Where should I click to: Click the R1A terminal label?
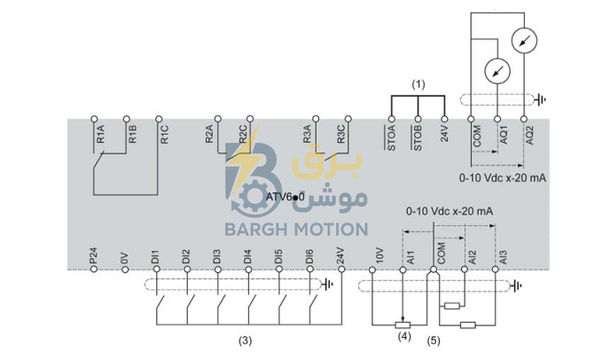tap(100, 134)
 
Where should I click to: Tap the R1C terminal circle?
tap(159, 119)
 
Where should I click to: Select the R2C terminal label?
tap(242, 134)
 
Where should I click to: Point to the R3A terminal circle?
tap(316, 119)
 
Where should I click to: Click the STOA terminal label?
tap(391, 137)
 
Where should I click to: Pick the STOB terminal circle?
tap(418, 119)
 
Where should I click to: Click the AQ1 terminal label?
tap(504, 135)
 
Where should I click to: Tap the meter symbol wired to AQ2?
tap(524, 40)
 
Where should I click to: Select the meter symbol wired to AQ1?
tap(497, 71)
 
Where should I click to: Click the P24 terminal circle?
tap(94, 269)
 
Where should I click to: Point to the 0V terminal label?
tap(125, 258)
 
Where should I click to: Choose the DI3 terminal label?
tap(216, 256)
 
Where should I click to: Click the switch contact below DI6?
tap(313, 302)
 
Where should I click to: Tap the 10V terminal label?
tap(379, 255)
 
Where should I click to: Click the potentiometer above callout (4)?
tap(403, 325)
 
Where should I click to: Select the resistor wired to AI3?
tap(468, 325)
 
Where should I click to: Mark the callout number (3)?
tap(245, 340)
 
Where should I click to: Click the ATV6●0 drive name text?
tap(285, 197)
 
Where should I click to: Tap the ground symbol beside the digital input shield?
tap(327, 284)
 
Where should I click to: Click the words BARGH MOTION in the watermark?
tap(296, 230)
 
